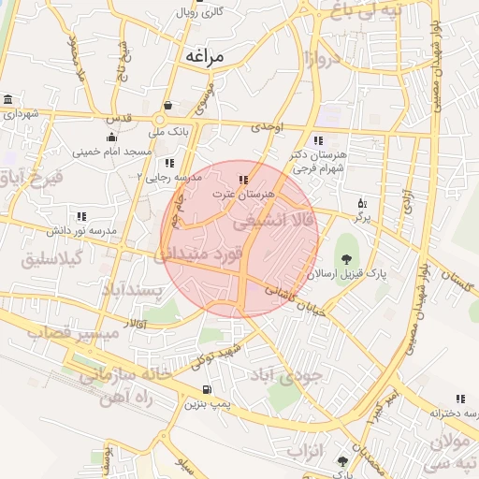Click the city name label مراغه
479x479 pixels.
(204, 56)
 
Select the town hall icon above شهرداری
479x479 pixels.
(8, 100)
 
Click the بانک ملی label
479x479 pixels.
(173, 132)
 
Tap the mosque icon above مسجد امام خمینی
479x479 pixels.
(111, 138)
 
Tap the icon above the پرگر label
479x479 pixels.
(362, 203)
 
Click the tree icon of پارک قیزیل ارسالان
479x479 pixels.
(347, 259)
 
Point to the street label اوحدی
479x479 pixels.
(266, 125)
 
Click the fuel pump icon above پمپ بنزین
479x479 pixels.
(206, 389)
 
